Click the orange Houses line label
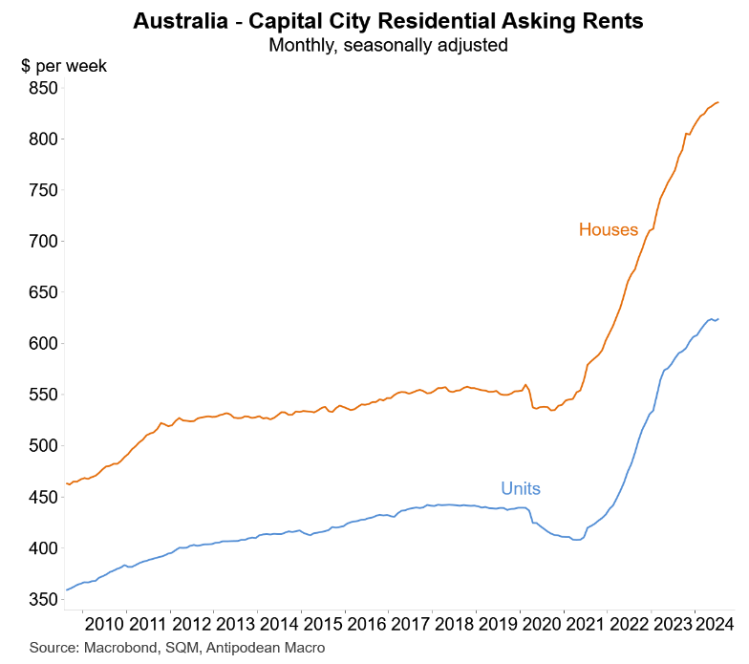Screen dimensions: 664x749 click(608, 230)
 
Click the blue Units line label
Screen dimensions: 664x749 click(521, 489)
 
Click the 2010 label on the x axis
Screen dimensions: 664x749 click(104, 625)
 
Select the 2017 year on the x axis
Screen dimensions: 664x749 click(410, 625)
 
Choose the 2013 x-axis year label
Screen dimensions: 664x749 click(235, 625)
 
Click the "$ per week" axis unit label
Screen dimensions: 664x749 click(64, 66)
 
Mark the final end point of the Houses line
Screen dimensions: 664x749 click(718, 102)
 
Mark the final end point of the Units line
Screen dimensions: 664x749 click(718, 319)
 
